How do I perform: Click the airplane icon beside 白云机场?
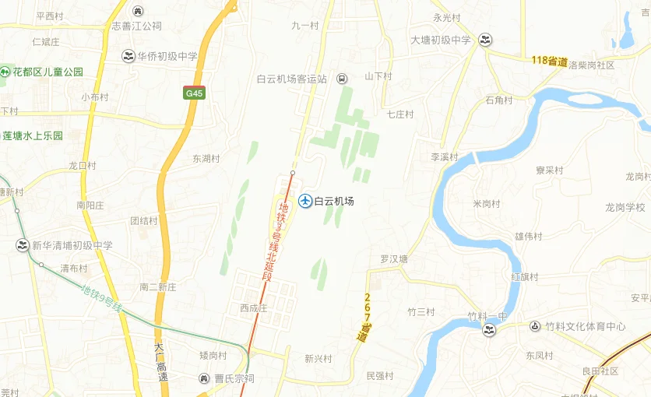[306, 202]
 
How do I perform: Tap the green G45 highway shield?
[194, 93]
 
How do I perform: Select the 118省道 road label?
[549, 61]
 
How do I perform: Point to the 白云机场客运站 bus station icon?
[343, 79]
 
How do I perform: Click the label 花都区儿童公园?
[48, 72]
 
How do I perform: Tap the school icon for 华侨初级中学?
[128, 56]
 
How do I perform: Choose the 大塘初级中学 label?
[441, 40]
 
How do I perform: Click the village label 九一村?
[305, 26]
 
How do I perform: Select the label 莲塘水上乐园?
[33, 135]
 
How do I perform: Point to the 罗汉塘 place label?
[394, 259]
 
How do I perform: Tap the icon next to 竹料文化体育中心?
[535, 326]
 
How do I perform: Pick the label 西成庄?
[254, 308]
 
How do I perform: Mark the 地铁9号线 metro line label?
[102, 299]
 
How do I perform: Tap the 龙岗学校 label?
[625, 207]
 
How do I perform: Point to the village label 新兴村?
[318, 359]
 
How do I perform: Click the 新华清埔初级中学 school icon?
[22, 245]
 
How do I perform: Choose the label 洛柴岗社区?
[592, 65]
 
